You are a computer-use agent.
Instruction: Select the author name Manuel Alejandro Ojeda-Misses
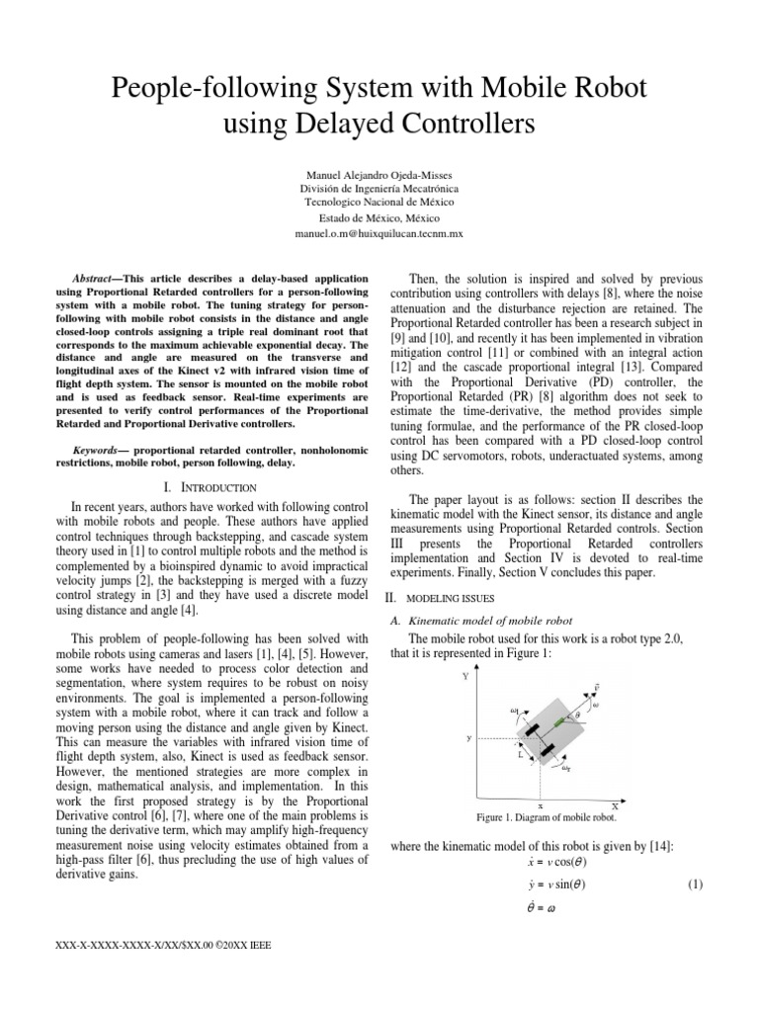pyautogui.click(x=379, y=171)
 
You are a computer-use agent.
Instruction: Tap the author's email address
pyautogui.click(x=379, y=234)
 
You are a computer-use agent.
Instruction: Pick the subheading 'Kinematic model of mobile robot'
pyautogui.click(x=480, y=620)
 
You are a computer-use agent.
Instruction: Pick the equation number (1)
pyautogui.click(x=694, y=885)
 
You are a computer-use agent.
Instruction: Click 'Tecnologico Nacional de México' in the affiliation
pyautogui.click(x=379, y=203)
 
